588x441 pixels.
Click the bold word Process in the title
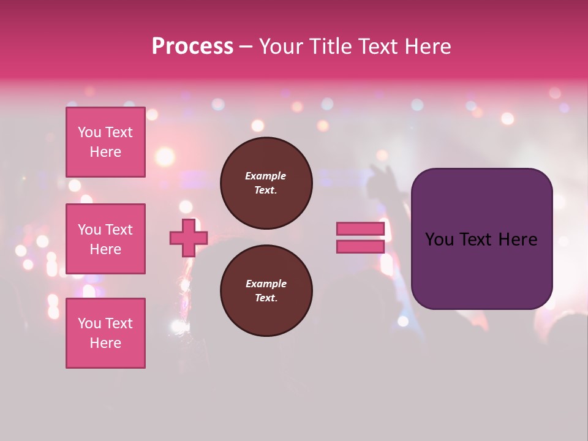[192, 47]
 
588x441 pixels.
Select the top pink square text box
[105, 142]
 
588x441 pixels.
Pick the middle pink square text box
[105, 239]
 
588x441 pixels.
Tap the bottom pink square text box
[105, 333]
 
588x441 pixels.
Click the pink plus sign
[189, 238]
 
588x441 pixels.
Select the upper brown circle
[266, 183]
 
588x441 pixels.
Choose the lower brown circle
[266, 291]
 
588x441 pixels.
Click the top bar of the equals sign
[360, 228]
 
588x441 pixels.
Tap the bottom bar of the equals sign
[360, 247]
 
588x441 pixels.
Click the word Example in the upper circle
[266, 176]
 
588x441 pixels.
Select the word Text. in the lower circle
[266, 298]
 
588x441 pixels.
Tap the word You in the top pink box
[89, 132]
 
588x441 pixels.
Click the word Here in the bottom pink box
[105, 343]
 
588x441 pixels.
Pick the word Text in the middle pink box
[119, 230]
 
